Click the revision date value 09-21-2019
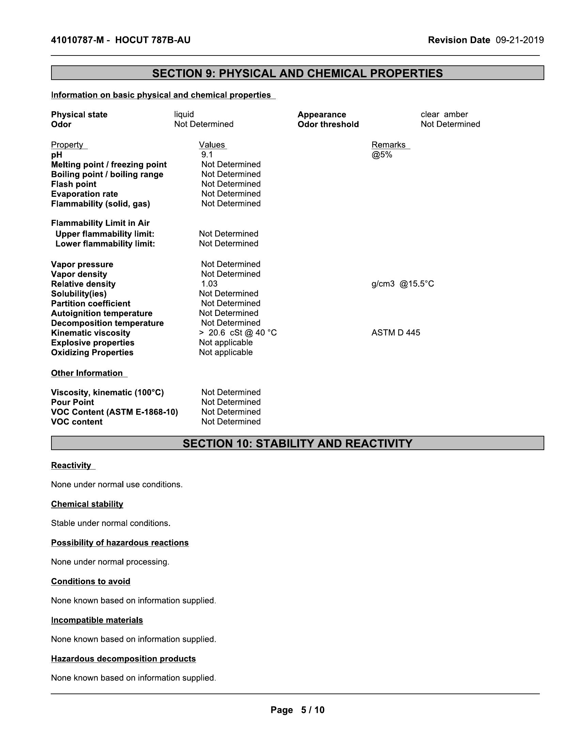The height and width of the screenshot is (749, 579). (x=519, y=40)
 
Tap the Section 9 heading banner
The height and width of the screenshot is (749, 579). (x=297, y=73)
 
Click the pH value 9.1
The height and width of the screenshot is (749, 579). (x=207, y=155)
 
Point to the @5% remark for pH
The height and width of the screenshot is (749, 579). (x=381, y=155)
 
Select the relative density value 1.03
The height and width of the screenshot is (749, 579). (x=209, y=284)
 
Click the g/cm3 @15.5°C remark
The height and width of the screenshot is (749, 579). (x=402, y=284)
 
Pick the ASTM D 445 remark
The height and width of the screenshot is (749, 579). (x=395, y=333)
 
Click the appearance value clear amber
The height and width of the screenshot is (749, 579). (x=444, y=114)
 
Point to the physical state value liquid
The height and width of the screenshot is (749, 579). (x=184, y=114)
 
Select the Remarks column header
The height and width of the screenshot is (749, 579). (x=388, y=145)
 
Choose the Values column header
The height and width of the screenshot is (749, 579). (x=212, y=145)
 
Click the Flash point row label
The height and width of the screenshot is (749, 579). (x=74, y=184)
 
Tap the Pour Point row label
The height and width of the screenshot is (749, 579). (x=72, y=402)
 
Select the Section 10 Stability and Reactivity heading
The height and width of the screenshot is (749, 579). (x=297, y=443)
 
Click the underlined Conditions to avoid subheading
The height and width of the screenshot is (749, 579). (x=91, y=581)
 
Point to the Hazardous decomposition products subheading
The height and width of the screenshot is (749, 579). (x=124, y=658)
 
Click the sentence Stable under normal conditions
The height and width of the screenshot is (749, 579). (x=110, y=523)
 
